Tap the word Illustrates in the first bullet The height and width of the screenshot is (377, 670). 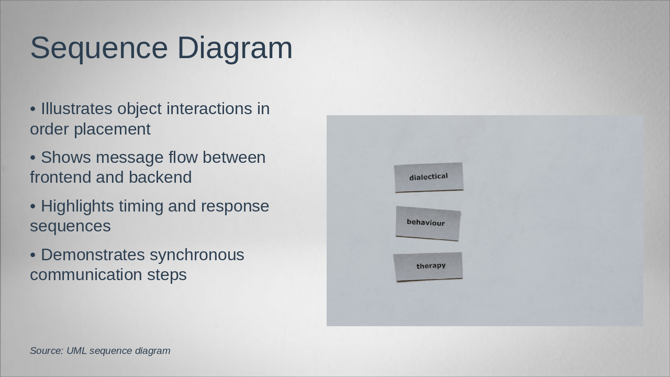pos(76,108)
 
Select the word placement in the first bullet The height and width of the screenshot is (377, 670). pos(112,130)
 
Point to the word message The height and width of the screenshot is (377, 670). pos(129,158)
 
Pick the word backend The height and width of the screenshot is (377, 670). pos(160,177)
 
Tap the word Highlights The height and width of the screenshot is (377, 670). pos(77,206)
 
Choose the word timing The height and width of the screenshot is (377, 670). pos(141,206)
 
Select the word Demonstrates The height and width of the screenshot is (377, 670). pos(93,255)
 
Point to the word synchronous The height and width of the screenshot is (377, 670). pos(197,256)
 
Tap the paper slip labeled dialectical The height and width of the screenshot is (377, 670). pos(429,178)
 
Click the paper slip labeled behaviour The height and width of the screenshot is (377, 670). pos(428,223)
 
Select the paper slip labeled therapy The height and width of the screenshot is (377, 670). pos(428,267)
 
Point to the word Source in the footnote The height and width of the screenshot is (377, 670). pos(47,351)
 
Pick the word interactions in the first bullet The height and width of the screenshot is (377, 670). pos(209,108)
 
